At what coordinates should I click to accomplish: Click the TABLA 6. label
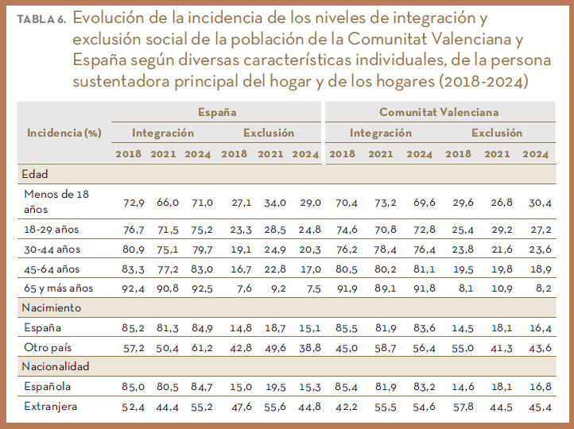click(42, 18)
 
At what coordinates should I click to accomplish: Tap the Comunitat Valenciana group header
click(439, 113)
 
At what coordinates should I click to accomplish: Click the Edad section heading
click(37, 172)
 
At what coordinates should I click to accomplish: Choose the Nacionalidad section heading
click(56, 366)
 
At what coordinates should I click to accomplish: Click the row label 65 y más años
click(59, 288)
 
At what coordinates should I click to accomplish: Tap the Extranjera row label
click(52, 406)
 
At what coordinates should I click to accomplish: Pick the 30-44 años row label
click(52, 249)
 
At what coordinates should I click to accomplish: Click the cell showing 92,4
click(133, 288)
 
